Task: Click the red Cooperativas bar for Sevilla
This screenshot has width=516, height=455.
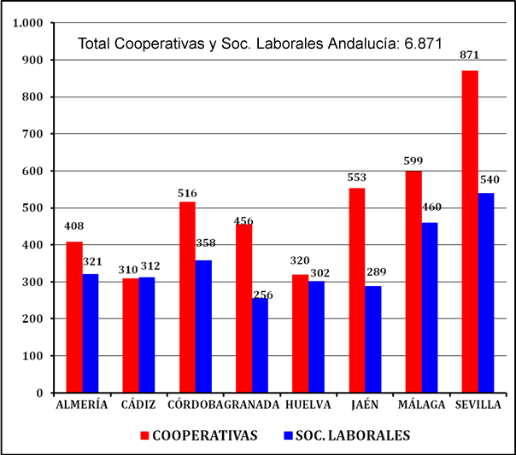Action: pyautogui.click(x=469, y=231)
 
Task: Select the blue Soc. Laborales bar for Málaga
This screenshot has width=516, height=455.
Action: pyautogui.click(x=430, y=307)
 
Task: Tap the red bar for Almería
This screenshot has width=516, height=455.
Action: pyautogui.click(x=74, y=317)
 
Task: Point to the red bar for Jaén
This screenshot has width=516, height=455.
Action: pyautogui.click(x=356, y=290)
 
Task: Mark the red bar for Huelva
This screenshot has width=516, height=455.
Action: pyautogui.click(x=300, y=333)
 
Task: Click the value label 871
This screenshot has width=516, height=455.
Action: pyautogui.click(x=469, y=55)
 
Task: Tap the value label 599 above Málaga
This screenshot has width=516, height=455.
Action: pyautogui.click(x=413, y=160)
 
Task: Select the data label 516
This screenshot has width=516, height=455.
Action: pyautogui.click(x=186, y=194)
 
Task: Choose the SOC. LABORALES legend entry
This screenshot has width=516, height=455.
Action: pyautogui.click(x=346, y=435)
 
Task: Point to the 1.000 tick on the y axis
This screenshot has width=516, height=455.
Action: pyautogui.click(x=28, y=23)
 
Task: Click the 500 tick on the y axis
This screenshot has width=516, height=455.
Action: pyautogui.click(x=33, y=208)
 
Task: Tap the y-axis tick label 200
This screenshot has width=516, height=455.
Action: pyautogui.click(x=33, y=319)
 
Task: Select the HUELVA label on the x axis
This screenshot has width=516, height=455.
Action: pyautogui.click(x=308, y=405)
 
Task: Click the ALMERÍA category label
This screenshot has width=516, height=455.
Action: pyautogui.click(x=82, y=405)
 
